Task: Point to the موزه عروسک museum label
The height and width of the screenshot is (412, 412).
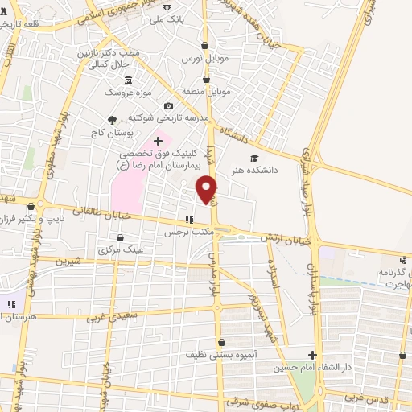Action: click(126, 92)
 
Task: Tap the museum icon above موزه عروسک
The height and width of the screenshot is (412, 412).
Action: click(127, 79)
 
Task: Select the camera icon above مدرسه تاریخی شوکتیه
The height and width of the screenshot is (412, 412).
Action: click(168, 105)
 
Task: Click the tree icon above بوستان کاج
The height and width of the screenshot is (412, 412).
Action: click(111, 119)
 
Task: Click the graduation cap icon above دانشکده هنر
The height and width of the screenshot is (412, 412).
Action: click(254, 158)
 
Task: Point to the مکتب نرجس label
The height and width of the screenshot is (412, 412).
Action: click(187, 232)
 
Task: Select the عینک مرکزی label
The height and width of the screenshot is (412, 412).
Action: click(121, 249)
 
